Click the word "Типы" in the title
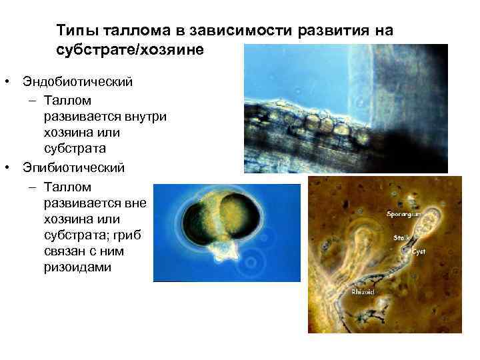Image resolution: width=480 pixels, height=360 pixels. pos(73,31)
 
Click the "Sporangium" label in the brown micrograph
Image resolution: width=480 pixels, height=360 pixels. pos(403,215)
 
